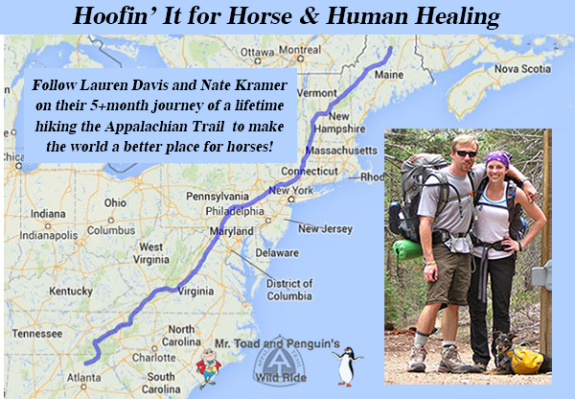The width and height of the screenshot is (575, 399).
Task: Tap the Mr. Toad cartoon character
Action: (x=208, y=365)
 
